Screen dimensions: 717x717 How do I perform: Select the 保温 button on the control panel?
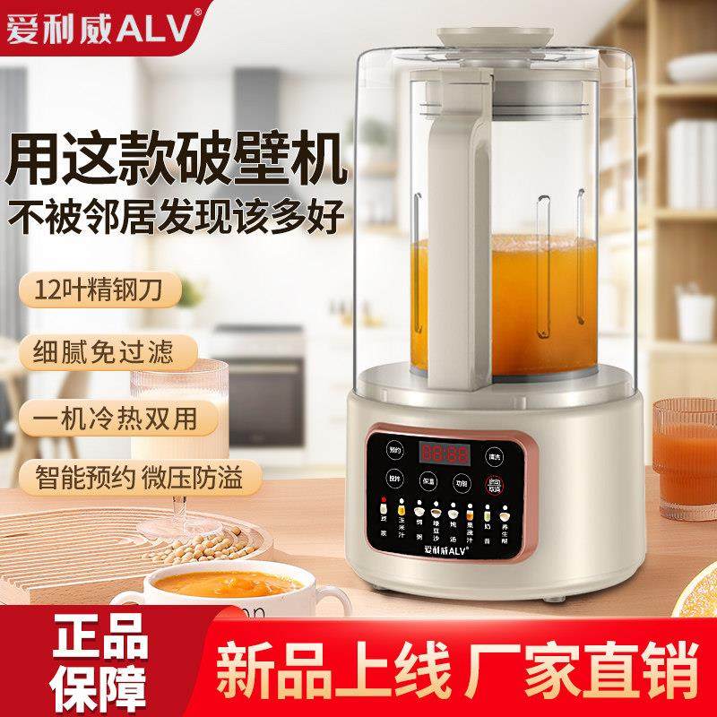click(428, 481)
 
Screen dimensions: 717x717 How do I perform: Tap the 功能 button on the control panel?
click(460, 481)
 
